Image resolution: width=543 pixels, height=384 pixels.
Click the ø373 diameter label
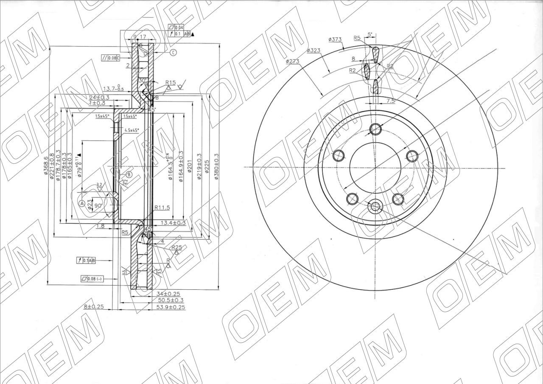tap(335, 39)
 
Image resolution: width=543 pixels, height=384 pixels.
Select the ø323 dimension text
tap(313, 50)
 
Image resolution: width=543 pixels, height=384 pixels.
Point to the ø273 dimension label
tap(293, 61)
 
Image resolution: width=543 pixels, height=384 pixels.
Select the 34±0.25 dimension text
tap(168, 294)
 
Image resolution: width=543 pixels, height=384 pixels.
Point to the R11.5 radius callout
tap(162, 207)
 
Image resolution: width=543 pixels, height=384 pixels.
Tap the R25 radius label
tap(176, 247)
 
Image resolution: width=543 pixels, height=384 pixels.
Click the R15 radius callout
tap(171, 82)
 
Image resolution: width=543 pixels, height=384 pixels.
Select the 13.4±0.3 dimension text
tap(173, 223)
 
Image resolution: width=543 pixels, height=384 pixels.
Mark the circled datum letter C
tap(174, 53)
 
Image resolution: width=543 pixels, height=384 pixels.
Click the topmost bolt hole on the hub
tap(375, 129)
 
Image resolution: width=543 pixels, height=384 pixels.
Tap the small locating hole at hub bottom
tap(375, 207)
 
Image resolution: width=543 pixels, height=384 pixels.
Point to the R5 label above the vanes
tap(357, 38)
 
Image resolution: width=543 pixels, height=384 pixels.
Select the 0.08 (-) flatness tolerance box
tap(92, 279)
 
